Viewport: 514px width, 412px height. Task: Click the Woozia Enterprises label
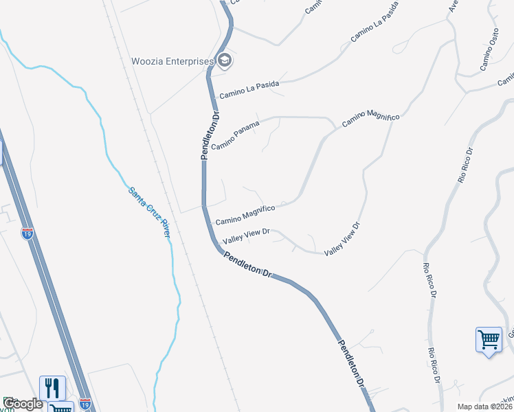[x=172, y=61]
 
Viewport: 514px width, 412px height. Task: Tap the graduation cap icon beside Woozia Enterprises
[x=225, y=61]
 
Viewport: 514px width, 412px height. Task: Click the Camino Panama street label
[x=236, y=136]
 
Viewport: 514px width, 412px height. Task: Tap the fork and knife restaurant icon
[x=52, y=388]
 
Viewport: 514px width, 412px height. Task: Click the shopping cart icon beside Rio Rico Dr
[x=489, y=340]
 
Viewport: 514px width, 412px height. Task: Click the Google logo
[x=22, y=404]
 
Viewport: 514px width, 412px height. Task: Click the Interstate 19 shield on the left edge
[x=27, y=233]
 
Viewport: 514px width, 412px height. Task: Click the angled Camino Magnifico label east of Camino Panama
[x=370, y=117]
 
